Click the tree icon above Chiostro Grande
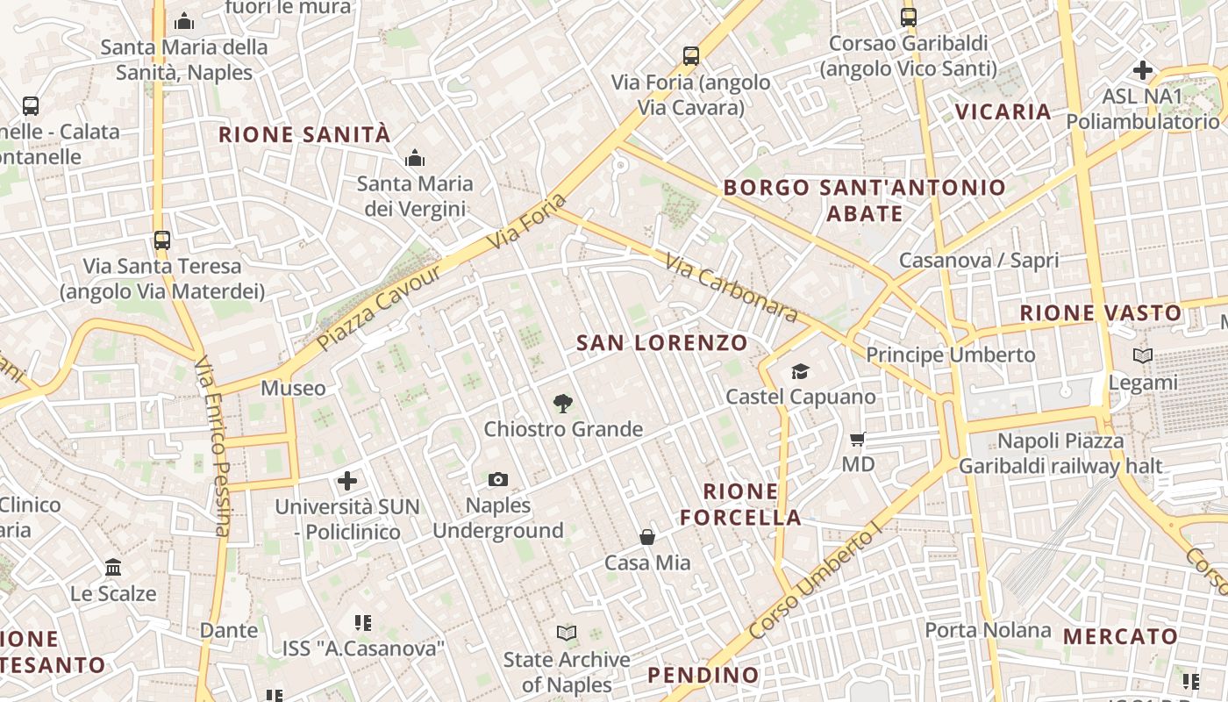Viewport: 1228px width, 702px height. (x=563, y=404)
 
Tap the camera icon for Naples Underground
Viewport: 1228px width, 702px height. (x=498, y=479)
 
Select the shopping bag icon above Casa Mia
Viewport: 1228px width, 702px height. (x=647, y=537)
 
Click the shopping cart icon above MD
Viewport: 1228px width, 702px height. (x=858, y=439)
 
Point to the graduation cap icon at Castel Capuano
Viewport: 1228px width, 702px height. (x=800, y=372)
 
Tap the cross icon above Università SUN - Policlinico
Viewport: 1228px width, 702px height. (x=347, y=481)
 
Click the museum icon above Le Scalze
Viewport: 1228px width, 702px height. (x=113, y=568)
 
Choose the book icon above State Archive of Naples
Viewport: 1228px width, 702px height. (x=567, y=633)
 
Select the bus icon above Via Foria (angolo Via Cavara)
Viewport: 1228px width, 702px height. (x=691, y=56)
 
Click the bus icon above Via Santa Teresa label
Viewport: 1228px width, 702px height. (x=162, y=240)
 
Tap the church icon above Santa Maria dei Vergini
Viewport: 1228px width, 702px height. (x=414, y=159)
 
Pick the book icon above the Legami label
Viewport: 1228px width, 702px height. (x=1143, y=356)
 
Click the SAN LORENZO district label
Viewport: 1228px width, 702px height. (x=662, y=343)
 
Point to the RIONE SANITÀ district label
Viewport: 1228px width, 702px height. (x=304, y=134)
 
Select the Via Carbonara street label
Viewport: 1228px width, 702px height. (x=731, y=288)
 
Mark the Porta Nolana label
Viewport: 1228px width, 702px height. (x=988, y=630)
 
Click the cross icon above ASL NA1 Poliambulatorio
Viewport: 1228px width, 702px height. (x=1143, y=70)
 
